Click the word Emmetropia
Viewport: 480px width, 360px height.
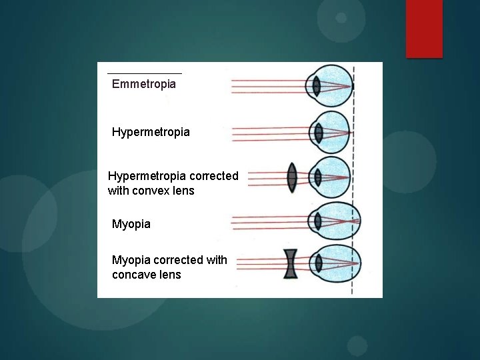[144, 84]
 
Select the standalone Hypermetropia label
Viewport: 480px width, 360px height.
[151, 132]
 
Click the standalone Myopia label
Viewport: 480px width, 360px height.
[131, 224]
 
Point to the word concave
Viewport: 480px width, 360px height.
[137, 275]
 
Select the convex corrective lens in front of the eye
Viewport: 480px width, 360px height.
[291, 178]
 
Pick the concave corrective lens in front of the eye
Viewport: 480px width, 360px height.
[291, 263]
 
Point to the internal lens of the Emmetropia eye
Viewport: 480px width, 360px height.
[317, 86]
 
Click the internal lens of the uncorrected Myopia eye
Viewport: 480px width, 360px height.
[317, 221]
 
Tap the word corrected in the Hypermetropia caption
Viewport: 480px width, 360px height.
[214, 176]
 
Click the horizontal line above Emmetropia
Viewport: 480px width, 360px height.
[144, 73]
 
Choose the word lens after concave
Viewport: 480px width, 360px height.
[169, 275]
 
